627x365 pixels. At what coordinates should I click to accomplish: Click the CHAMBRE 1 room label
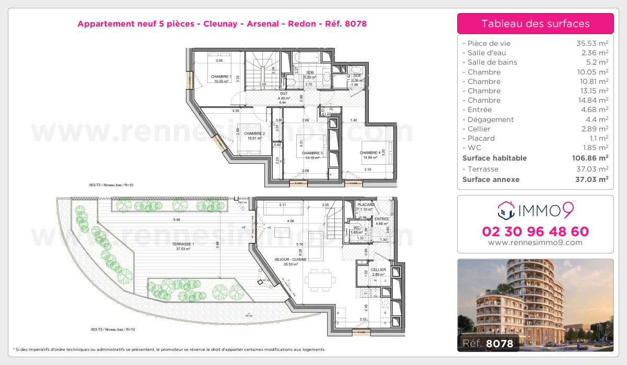(221, 77)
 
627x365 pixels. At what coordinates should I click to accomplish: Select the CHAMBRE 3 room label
(312, 153)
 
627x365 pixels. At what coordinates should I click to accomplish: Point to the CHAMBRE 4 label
(370, 153)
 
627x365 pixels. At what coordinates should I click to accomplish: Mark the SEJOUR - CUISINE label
(291, 259)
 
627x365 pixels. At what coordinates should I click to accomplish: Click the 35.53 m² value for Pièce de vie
(590, 43)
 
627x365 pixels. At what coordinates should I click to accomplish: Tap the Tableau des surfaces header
(535, 23)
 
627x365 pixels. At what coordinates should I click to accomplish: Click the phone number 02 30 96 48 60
(535, 232)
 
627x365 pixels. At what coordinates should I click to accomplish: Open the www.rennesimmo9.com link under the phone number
(535, 242)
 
